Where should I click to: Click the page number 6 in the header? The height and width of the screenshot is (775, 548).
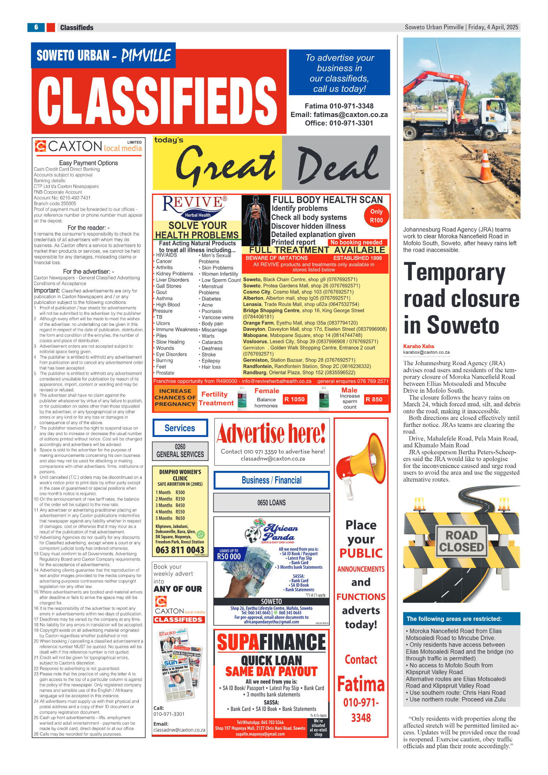point(36,27)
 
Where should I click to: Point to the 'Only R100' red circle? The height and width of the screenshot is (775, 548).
point(376,216)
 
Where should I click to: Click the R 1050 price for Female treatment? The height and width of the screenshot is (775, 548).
point(295,399)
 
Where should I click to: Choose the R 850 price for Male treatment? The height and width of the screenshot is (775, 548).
point(374,399)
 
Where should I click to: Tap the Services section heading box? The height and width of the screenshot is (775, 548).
point(180,428)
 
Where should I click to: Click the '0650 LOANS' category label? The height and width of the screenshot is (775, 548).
point(271,502)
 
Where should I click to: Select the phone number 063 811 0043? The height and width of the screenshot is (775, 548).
point(180,550)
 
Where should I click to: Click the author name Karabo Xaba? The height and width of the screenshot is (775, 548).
point(418,346)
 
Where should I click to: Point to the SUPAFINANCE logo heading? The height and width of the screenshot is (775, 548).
point(271,642)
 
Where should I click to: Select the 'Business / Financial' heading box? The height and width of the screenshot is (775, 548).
point(271,480)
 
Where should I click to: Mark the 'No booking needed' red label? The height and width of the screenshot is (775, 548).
point(356,242)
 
